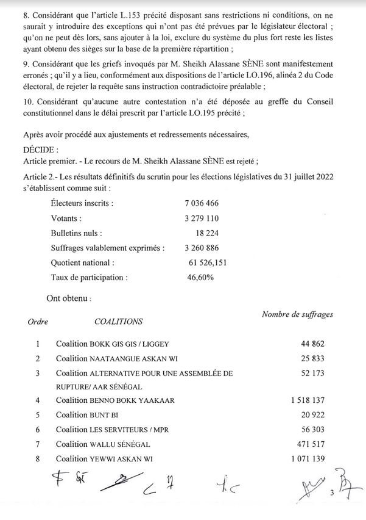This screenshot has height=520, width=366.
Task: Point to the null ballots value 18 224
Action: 206,233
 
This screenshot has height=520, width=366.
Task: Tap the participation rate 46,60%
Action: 200,277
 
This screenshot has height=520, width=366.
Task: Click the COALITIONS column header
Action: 119,321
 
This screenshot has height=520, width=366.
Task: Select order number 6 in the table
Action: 38,430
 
